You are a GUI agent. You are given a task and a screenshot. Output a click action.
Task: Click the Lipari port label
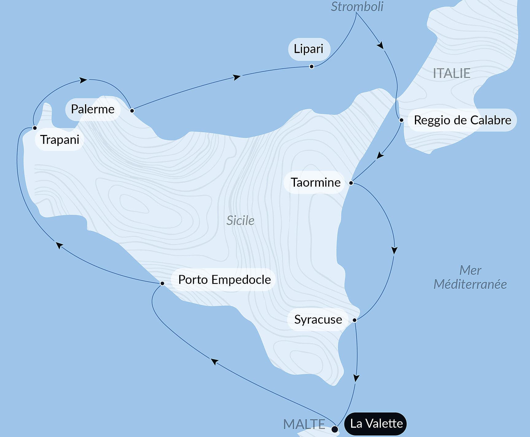(309, 49)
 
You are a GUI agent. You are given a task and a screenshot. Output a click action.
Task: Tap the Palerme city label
(93, 109)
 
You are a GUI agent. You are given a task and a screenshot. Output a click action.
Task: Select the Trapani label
(60, 140)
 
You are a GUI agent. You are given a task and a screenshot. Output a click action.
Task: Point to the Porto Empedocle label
(224, 280)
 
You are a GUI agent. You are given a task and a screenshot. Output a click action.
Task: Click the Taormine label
(315, 182)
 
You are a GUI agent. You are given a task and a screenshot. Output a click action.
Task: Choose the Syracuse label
(318, 320)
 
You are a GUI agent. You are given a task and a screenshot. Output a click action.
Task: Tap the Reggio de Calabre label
(462, 120)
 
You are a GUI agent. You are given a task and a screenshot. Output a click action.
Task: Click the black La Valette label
(376, 424)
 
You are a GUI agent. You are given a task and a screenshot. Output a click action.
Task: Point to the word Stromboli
(357, 7)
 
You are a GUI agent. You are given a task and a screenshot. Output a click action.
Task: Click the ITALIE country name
(451, 74)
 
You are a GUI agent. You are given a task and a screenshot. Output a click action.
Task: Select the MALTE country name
(304, 424)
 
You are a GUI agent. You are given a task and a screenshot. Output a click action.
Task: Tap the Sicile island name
(240, 220)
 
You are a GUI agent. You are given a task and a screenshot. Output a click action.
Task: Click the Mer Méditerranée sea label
(470, 278)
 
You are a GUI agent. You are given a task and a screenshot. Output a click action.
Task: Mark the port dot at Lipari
(311, 67)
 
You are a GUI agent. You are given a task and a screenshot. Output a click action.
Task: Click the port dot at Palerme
(132, 110)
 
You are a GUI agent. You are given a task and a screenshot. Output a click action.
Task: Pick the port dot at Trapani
(35, 128)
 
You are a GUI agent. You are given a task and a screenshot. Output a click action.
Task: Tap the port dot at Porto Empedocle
(162, 283)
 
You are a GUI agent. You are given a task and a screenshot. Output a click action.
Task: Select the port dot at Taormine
(351, 183)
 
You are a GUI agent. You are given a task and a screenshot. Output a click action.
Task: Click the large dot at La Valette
(335, 429)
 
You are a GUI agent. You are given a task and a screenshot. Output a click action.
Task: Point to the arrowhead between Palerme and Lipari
(237, 77)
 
